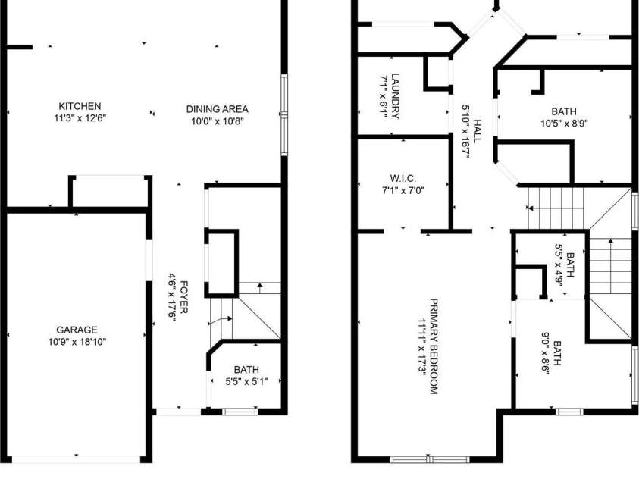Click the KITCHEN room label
(x=80, y=106)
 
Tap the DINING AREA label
(x=217, y=109)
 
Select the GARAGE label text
(x=77, y=330)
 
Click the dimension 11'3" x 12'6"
(x=80, y=118)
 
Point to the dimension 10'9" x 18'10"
(x=77, y=342)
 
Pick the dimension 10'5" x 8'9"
(x=564, y=123)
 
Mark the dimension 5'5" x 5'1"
(x=246, y=381)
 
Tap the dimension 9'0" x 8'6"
(x=546, y=357)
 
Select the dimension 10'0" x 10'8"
(x=217, y=121)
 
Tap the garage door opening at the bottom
(x=77, y=459)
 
